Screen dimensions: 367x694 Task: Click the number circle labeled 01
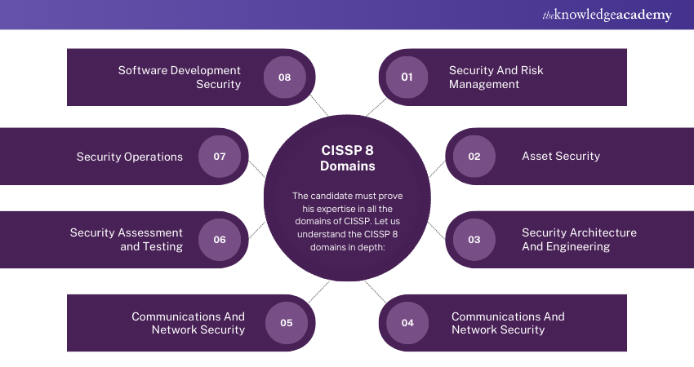pyautogui.click(x=407, y=77)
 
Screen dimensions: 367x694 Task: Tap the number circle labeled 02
pyautogui.click(x=474, y=156)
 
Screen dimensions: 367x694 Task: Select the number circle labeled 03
pyautogui.click(x=474, y=240)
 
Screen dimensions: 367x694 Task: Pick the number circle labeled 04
pyautogui.click(x=407, y=322)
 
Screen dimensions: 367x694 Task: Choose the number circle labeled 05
pyautogui.click(x=286, y=322)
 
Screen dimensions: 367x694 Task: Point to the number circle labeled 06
pyautogui.click(x=220, y=240)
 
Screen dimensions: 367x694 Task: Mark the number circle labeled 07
pyautogui.click(x=220, y=156)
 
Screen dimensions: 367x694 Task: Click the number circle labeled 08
pyautogui.click(x=284, y=77)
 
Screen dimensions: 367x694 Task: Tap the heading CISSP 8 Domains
pyautogui.click(x=347, y=157)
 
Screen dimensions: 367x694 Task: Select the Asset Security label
pyautogui.click(x=560, y=156)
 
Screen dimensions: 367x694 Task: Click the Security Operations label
pyautogui.click(x=130, y=157)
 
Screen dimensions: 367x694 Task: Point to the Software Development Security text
pyautogui.click(x=180, y=77)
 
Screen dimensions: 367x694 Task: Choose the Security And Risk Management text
pyautogui.click(x=496, y=77)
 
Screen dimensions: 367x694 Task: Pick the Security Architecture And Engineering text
pyautogui.click(x=579, y=240)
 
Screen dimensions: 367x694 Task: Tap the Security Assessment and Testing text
pyautogui.click(x=126, y=240)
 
